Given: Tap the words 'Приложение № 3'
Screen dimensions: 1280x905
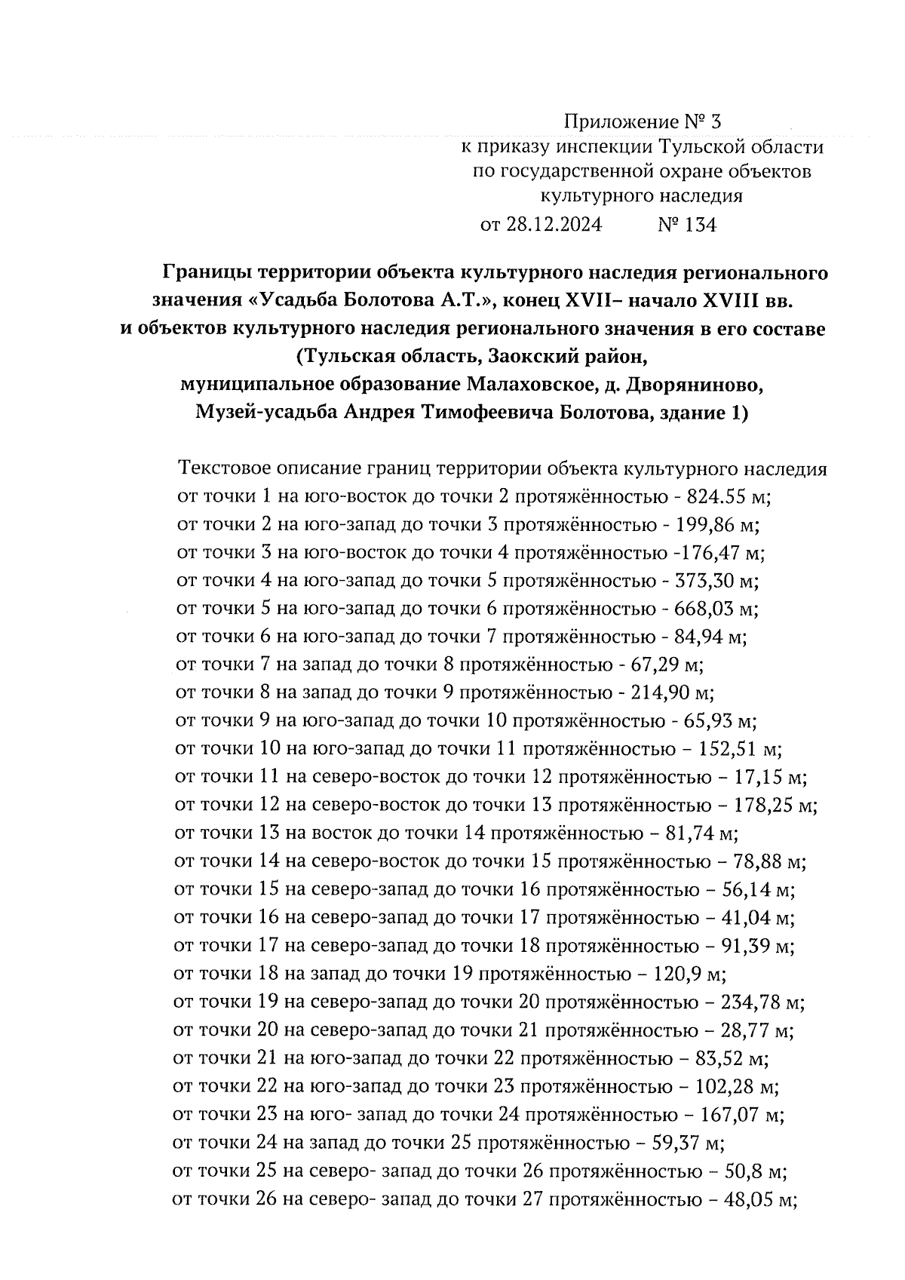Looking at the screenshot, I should (643, 121).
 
